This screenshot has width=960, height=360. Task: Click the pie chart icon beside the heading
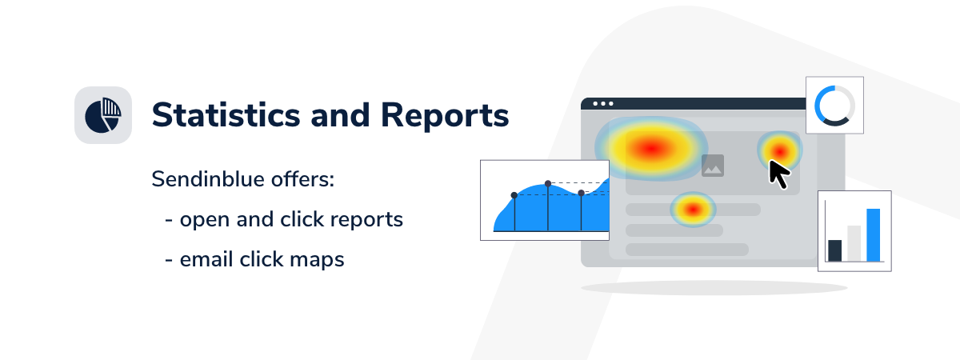tap(103, 115)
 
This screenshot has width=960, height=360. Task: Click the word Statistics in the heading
tap(226, 115)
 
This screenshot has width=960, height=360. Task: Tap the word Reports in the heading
tap(445, 116)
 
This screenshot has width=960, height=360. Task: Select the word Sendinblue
tap(207, 178)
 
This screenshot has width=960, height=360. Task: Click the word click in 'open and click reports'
tap(302, 219)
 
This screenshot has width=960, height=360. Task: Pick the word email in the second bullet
tap(206, 259)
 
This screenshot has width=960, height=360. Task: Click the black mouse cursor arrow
tap(778, 174)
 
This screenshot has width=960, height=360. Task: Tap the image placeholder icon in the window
tap(713, 166)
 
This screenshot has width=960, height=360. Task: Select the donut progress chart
tap(834, 106)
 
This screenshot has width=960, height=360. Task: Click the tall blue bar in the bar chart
tap(873, 235)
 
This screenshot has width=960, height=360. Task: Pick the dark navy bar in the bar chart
tap(835, 250)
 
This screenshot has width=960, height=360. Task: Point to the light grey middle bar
tap(854, 243)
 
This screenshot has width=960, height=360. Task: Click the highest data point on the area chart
tap(548, 183)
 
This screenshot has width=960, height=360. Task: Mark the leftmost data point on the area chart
tap(514, 195)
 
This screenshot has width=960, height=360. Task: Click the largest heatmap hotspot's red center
tap(651, 148)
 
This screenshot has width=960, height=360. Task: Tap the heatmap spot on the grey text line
tap(693, 209)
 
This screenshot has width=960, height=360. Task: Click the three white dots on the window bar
tap(603, 104)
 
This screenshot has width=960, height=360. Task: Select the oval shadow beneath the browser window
tap(714, 288)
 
